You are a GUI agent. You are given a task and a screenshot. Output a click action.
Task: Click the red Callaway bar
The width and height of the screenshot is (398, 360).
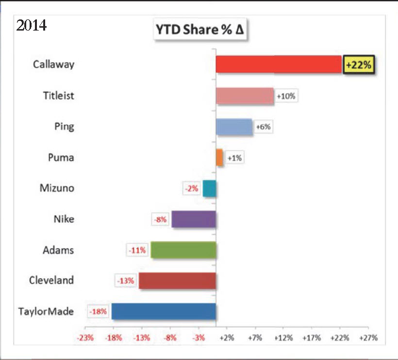click(x=279, y=64)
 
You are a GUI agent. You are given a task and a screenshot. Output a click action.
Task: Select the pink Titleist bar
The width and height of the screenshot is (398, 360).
click(x=245, y=96)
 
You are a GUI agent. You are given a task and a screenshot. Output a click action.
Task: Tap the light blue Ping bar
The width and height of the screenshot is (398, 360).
click(x=234, y=127)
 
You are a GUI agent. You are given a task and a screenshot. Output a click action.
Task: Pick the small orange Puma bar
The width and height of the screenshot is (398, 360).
click(x=219, y=158)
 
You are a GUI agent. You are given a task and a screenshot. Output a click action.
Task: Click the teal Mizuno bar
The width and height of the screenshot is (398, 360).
click(x=209, y=188)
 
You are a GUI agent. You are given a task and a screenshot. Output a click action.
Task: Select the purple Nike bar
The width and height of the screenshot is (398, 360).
click(x=194, y=219)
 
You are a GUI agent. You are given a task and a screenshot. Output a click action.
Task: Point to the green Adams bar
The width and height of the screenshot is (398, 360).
click(x=183, y=250)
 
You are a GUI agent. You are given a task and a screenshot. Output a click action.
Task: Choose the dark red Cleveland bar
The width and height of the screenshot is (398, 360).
click(x=177, y=280)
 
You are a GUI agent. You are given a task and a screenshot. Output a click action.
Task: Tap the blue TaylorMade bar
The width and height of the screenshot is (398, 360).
click(x=164, y=311)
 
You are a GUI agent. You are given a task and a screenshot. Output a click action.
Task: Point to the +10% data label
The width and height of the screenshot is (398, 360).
click(x=285, y=96)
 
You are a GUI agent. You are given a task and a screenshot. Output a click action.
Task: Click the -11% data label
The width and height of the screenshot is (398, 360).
click(x=137, y=250)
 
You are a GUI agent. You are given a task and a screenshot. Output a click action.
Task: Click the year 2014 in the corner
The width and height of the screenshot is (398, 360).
click(x=32, y=25)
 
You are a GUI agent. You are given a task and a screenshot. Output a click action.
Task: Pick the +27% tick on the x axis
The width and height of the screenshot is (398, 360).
click(x=368, y=338)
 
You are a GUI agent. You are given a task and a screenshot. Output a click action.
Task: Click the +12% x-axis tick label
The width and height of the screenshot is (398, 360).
click(x=283, y=338)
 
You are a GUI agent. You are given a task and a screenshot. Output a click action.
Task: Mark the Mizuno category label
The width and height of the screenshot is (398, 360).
click(x=57, y=188)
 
